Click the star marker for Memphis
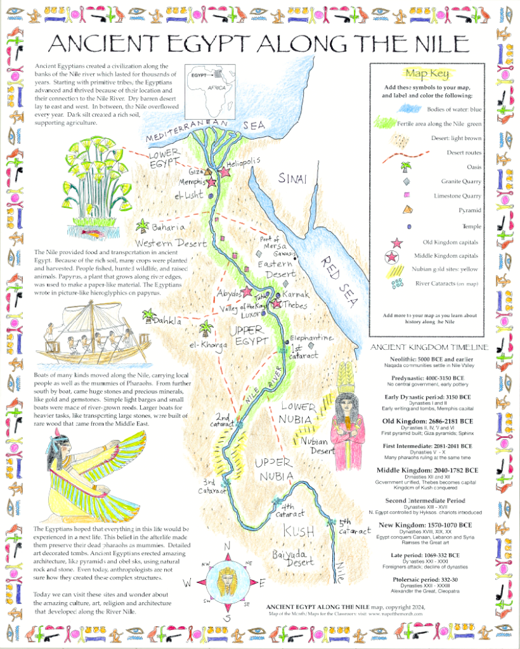pyautogui.click(x=211, y=182)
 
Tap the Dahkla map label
pyautogui.click(x=167, y=322)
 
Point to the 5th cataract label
pyautogui.click(x=353, y=527)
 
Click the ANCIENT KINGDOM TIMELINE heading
pyautogui.click(x=429, y=347)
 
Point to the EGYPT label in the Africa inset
pyautogui.click(x=200, y=75)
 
